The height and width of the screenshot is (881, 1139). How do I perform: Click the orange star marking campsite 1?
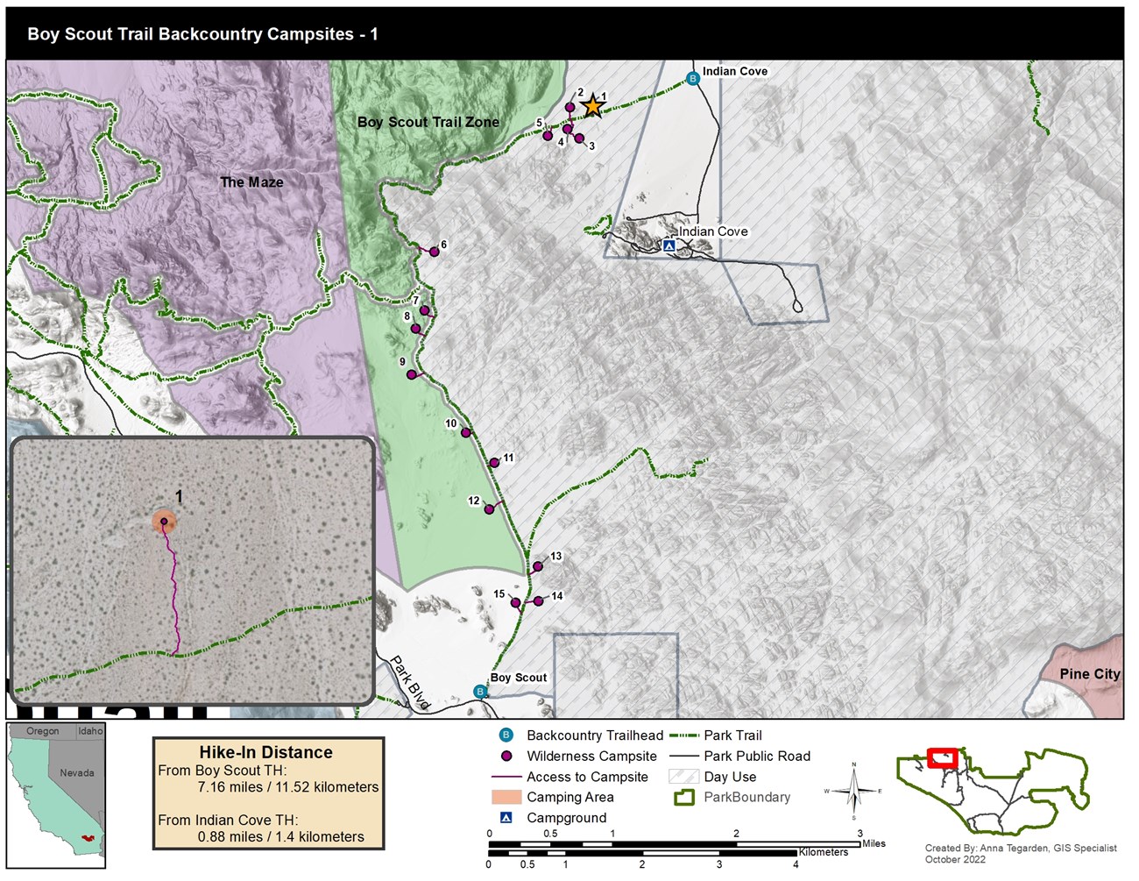[593, 106]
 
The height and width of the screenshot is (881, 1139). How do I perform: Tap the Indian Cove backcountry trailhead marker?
[693, 79]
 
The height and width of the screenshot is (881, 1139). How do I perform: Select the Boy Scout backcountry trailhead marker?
[480, 692]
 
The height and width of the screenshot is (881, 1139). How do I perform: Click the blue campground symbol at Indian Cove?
[669, 246]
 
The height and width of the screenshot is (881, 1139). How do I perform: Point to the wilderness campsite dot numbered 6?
[434, 252]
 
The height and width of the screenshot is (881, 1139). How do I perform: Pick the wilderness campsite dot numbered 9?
[411, 375]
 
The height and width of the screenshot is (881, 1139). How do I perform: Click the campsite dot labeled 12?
[490, 509]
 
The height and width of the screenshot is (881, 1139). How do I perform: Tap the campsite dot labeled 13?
[538, 567]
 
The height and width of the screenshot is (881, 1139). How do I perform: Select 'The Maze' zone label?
[251, 182]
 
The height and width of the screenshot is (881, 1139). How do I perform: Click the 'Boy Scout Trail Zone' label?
[428, 123]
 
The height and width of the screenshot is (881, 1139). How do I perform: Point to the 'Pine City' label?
[1089, 674]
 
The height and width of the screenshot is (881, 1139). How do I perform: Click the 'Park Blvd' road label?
[409, 682]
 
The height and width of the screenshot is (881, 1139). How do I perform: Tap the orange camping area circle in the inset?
[164, 522]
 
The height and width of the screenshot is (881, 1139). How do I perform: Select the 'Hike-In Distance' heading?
[265, 752]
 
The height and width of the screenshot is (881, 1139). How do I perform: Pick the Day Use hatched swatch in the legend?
[683, 777]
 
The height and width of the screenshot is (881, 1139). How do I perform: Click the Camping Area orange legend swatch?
[506, 797]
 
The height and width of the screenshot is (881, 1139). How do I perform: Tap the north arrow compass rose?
[853, 791]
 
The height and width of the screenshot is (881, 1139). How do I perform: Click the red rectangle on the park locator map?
[943, 757]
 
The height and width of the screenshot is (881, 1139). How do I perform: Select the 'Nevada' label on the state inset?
[77, 772]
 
